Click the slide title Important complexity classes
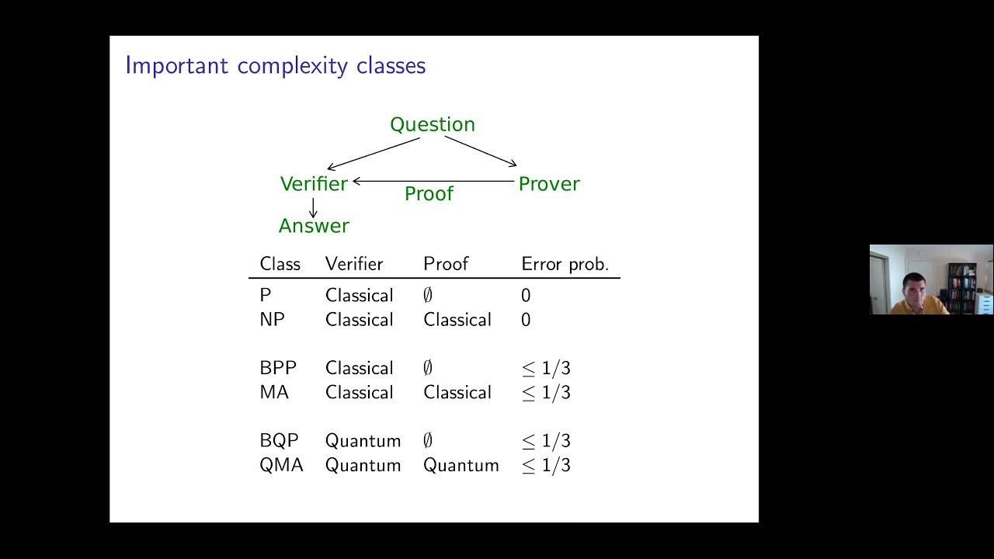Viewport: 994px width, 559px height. [x=275, y=65]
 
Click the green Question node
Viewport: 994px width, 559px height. [x=432, y=124]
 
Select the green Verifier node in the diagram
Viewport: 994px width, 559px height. [x=314, y=184]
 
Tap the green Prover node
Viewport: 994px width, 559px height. [x=548, y=184]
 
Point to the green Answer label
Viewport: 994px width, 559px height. [x=314, y=226]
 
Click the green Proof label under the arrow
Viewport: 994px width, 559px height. [x=429, y=194]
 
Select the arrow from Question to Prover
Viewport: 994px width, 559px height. [x=480, y=151]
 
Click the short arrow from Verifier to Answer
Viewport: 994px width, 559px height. [x=313, y=207]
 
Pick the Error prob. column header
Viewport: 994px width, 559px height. [x=565, y=264]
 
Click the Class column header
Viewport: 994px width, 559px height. [x=280, y=264]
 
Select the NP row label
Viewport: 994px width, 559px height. [x=272, y=320]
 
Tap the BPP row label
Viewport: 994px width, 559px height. [x=277, y=368]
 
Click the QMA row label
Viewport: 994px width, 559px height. [x=280, y=465]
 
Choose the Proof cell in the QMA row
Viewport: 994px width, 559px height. [x=461, y=465]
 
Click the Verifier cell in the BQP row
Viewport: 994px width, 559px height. [x=363, y=441]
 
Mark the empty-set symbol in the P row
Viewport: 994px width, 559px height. [x=428, y=296]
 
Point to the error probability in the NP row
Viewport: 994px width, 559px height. [x=526, y=320]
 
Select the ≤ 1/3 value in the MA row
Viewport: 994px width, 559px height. [x=546, y=393]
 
